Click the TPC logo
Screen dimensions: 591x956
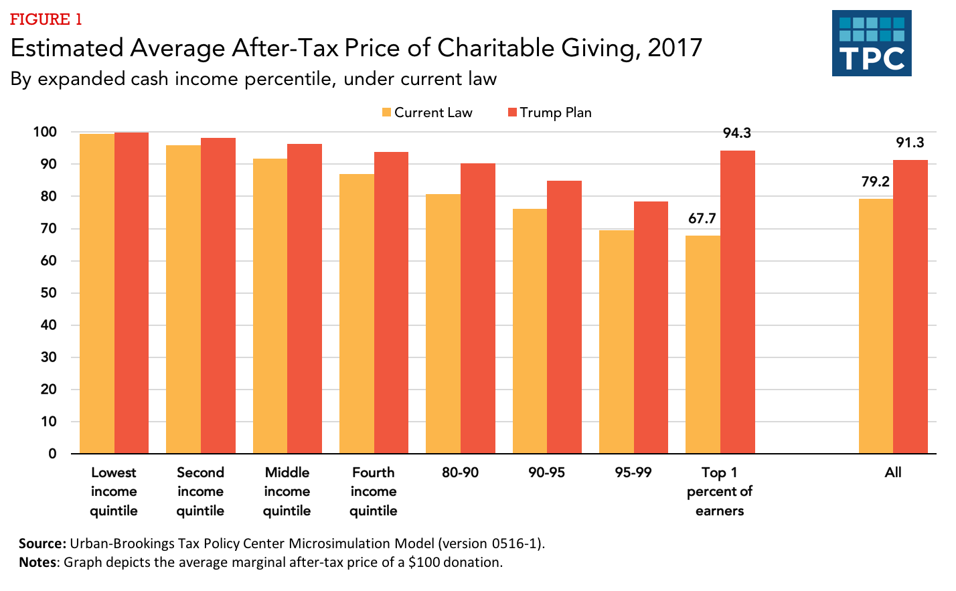coord(872,43)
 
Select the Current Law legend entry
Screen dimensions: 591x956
coord(427,112)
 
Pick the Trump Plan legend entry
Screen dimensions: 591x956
coord(550,112)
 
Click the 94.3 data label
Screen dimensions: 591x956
coord(736,133)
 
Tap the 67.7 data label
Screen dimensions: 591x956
coord(702,218)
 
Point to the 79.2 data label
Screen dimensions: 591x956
coord(875,181)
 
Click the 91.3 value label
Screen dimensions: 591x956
coord(910,143)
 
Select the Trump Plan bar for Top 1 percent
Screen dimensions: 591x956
coord(737,302)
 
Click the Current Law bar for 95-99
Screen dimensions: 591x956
coord(616,341)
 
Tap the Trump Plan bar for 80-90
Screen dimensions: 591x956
coord(477,308)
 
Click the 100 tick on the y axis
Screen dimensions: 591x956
coord(45,132)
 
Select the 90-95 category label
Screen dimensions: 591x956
coord(546,473)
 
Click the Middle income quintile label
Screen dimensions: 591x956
coord(287,491)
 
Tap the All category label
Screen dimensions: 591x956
coord(893,473)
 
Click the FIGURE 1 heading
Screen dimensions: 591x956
coord(46,19)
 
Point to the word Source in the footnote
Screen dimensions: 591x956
coord(42,543)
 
